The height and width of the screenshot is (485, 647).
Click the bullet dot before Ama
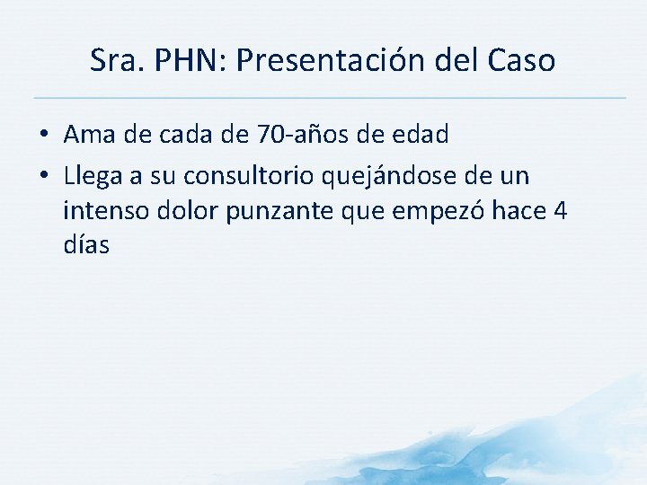point(43,137)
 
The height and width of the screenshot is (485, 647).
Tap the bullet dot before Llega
point(43,175)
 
